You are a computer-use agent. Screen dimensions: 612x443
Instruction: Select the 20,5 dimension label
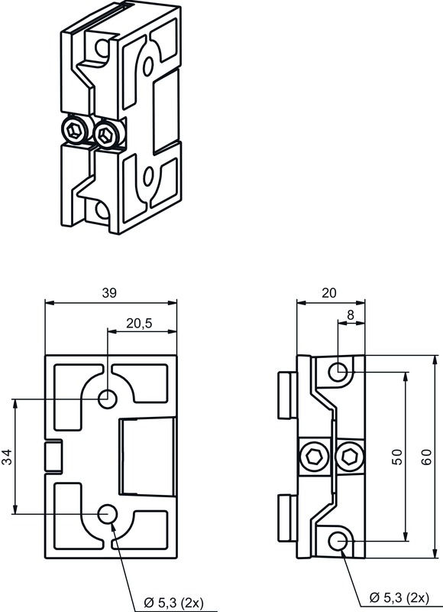point(139,324)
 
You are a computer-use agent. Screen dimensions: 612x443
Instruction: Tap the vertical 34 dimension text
point(7,457)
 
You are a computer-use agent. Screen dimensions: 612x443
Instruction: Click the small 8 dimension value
point(350,314)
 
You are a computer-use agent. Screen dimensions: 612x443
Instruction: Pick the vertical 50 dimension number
point(396,457)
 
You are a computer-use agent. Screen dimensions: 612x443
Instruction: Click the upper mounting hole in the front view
point(108,399)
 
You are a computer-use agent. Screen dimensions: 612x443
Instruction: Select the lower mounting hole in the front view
point(108,513)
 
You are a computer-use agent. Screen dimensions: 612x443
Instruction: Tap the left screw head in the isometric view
point(74,132)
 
